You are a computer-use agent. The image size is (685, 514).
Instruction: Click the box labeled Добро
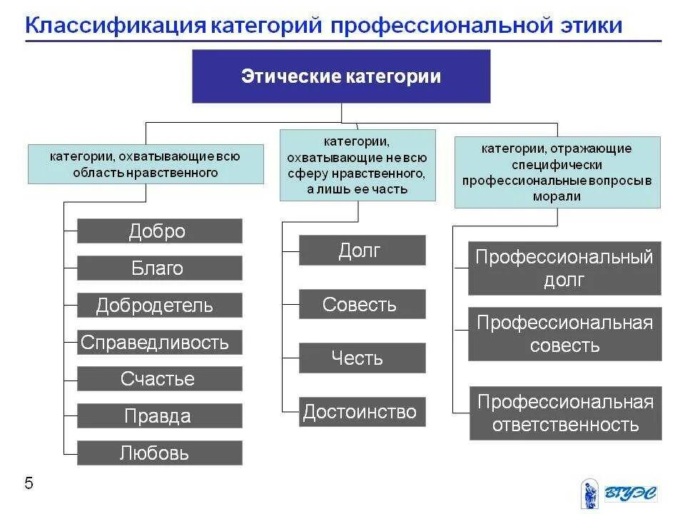(x=159, y=231)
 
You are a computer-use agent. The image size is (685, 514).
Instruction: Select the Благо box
(x=159, y=268)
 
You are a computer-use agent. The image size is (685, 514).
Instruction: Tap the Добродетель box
(x=159, y=306)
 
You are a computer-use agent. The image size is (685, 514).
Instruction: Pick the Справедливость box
(x=159, y=343)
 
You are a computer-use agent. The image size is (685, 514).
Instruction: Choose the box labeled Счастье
(x=159, y=379)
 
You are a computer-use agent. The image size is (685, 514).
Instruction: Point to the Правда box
(x=159, y=416)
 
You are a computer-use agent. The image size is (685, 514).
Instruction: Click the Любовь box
(x=159, y=453)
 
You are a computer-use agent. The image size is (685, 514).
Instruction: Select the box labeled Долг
(x=362, y=251)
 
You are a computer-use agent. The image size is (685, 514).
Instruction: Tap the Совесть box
(x=362, y=304)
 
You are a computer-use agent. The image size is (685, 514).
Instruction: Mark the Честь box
(x=362, y=358)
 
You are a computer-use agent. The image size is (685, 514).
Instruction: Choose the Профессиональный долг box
(x=564, y=268)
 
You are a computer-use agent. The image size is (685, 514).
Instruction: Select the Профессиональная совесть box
(x=564, y=334)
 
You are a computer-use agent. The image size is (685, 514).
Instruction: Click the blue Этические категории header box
(x=341, y=76)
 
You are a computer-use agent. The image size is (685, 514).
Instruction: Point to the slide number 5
(x=29, y=484)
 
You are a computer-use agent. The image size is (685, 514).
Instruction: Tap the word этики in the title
(x=588, y=26)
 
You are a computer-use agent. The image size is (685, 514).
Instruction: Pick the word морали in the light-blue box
(x=557, y=196)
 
